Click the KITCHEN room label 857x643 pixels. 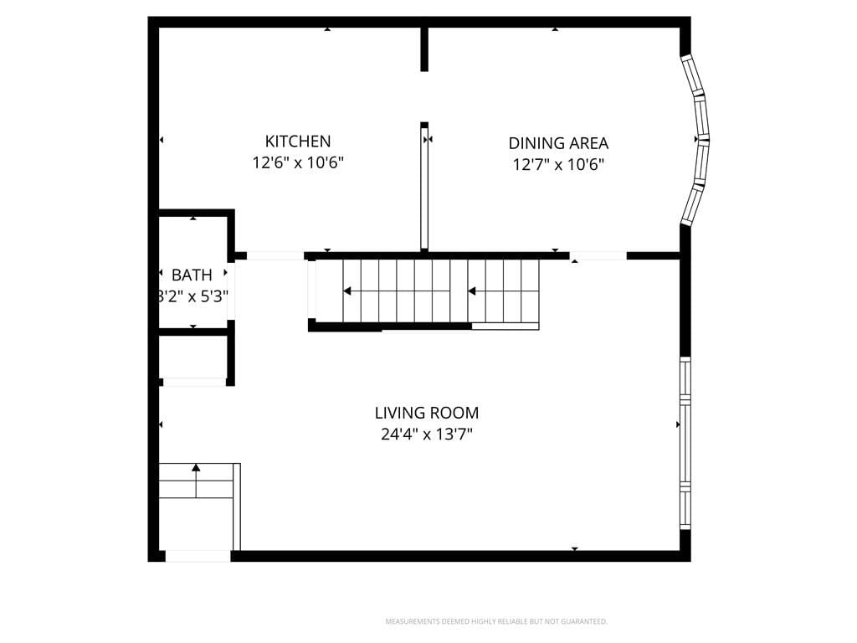click(x=298, y=141)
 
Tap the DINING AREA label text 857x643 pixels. click(x=558, y=143)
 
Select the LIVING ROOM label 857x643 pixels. click(x=426, y=413)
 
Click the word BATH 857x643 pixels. click(x=192, y=275)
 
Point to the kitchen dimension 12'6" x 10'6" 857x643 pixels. click(x=298, y=163)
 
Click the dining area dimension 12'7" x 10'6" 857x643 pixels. click(x=558, y=165)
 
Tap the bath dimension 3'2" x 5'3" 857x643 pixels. click(x=192, y=296)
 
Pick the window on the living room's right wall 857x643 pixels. click(x=685, y=444)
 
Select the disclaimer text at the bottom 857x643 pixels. click(x=495, y=621)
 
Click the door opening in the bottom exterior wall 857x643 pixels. click(x=198, y=556)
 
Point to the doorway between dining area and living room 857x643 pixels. click(x=598, y=255)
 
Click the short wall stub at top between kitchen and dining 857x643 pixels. click(x=424, y=49)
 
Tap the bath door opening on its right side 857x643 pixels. click(x=231, y=290)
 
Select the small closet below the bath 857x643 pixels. click(x=192, y=358)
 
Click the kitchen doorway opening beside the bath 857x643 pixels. click(x=275, y=255)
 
